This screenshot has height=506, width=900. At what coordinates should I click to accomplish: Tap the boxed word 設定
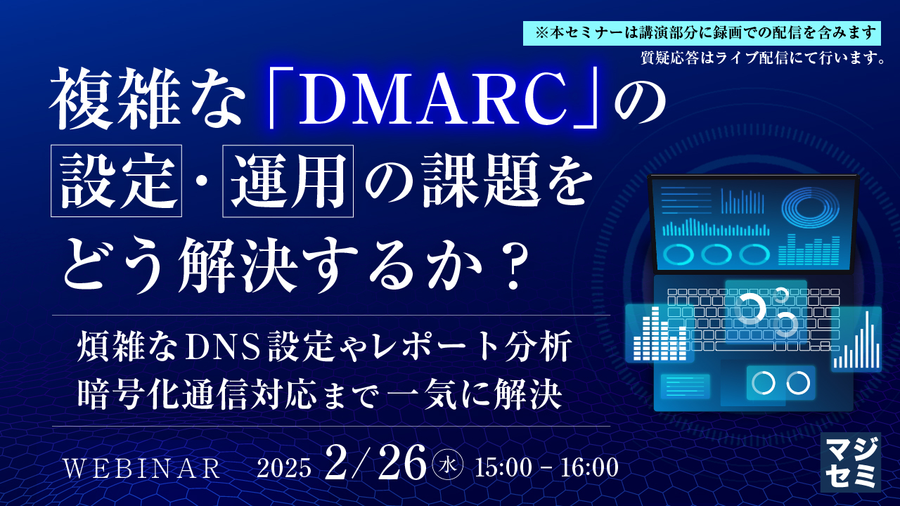[117, 182]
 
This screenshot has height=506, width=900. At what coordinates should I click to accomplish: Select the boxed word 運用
[288, 182]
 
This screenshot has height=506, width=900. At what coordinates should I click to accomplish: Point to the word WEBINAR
[143, 468]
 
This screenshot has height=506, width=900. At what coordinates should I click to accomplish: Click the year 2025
[283, 468]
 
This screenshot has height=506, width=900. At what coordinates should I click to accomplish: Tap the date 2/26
[375, 464]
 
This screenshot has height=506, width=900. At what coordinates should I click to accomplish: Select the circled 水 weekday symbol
[449, 467]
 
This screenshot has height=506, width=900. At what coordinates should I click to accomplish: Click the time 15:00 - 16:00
[546, 467]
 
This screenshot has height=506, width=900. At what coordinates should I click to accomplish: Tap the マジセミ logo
[850, 461]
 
